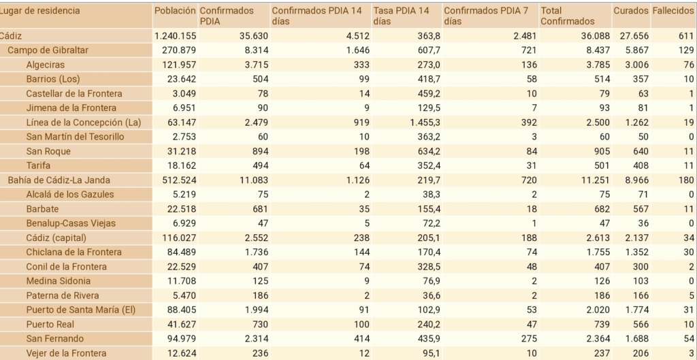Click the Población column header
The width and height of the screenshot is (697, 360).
click(x=175, y=11)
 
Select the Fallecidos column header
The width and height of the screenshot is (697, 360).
click(x=672, y=11)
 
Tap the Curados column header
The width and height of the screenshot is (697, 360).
click(x=630, y=11)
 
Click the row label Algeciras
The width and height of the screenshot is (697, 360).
click(x=45, y=65)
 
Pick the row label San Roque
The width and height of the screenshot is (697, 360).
click(x=48, y=151)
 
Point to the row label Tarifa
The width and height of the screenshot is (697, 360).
click(x=38, y=165)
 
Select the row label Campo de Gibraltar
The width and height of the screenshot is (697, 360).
click(x=48, y=50)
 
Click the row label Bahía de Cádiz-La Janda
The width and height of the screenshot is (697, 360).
click(x=59, y=180)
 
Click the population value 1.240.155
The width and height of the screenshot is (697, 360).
click(x=176, y=36)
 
